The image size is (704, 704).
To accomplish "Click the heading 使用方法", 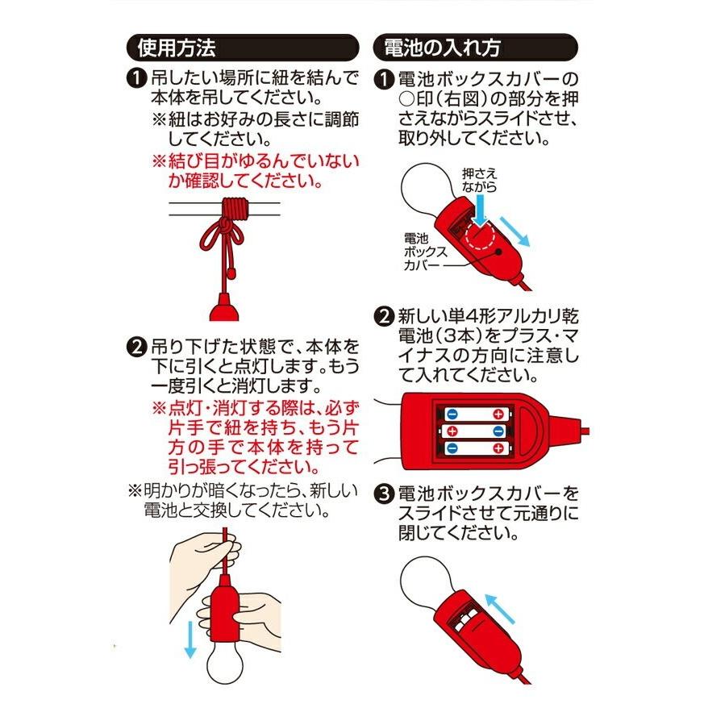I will click(177, 47).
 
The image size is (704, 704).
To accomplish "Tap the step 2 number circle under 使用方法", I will click(138, 349).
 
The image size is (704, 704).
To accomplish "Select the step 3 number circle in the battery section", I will click(385, 492).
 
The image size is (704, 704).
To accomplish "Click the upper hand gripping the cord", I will click(206, 556).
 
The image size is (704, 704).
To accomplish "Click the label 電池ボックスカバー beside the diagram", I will click(419, 251).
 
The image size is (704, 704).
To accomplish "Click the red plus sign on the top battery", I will click(499, 414).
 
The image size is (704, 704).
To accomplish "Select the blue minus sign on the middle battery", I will click(499, 431).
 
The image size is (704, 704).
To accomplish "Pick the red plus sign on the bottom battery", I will click(499, 448).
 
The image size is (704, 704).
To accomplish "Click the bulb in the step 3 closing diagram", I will click(426, 589).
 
